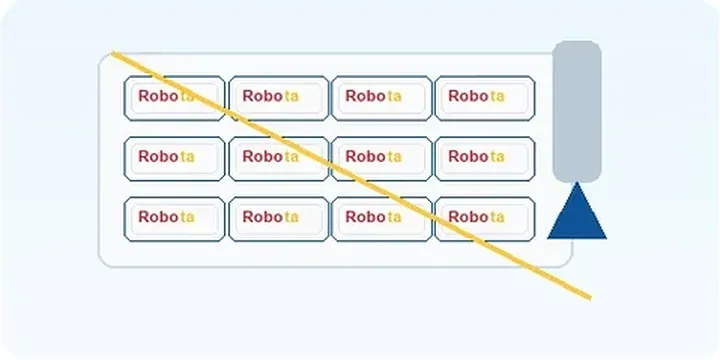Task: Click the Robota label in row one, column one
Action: [x=174, y=98]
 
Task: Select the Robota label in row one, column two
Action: [x=279, y=98]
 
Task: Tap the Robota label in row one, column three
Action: [x=382, y=98]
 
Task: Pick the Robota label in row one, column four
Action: [x=485, y=98]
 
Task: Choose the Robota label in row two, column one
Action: [x=174, y=159]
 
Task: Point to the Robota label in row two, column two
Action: [x=279, y=159]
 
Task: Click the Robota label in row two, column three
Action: [x=382, y=159]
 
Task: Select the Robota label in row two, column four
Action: [x=485, y=159]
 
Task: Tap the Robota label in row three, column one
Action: [x=174, y=219]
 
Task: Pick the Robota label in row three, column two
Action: [x=279, y=219]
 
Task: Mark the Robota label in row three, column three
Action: [x=382, y=219]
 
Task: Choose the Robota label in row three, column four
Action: [x=485, y=219]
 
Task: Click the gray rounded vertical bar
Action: [x=577, y=112]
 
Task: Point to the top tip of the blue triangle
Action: [x=577, y=182]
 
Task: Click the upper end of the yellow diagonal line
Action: [x=113, y=53]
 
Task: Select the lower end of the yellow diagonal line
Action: [x=590, y=298]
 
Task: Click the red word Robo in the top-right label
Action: [x=468, y=96]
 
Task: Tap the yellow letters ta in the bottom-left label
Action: [x=187, y=217]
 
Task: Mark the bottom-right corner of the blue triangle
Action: [x=606, y=238]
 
